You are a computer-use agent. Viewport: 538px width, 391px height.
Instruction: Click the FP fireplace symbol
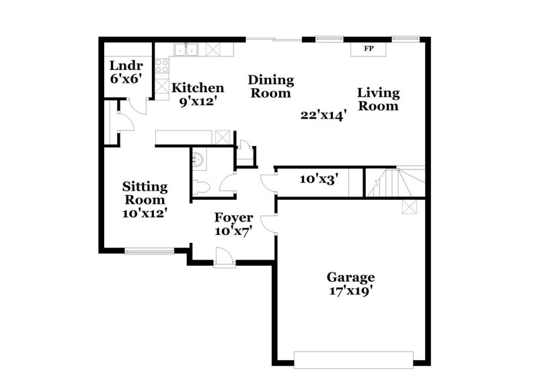(369, 49)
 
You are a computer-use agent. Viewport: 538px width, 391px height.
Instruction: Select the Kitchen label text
(198, 87)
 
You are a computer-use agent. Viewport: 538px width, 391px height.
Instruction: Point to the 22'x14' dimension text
(323, 115)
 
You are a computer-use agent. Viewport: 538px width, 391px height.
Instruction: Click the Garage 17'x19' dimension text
(350, 291)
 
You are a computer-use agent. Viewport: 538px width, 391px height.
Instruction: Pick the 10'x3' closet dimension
(318, 180)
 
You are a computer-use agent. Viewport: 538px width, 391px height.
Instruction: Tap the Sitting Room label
(145, 193)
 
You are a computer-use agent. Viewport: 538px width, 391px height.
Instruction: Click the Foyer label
(233, 217)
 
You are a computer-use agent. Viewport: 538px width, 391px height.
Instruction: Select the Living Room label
(378, 99)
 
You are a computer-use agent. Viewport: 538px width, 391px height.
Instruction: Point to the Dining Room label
(272, 87)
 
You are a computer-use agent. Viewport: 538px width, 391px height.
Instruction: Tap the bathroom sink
(199, 159)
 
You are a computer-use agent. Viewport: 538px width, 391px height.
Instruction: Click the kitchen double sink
(186, 49)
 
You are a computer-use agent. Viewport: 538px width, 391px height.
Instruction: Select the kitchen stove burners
(162, 66)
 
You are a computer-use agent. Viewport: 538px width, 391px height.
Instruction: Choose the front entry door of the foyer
(223, 257)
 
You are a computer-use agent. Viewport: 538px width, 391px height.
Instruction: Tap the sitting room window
(149, 252)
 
